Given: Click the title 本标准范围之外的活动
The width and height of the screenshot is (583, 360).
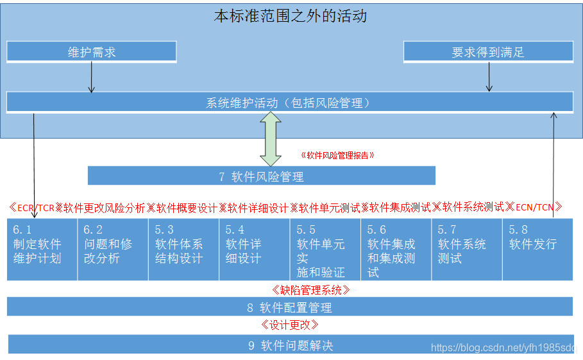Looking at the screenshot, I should coord(290,16).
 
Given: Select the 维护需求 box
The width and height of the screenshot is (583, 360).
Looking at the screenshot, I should coord(91,52).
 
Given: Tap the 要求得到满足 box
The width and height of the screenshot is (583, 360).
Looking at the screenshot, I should coord(487,52).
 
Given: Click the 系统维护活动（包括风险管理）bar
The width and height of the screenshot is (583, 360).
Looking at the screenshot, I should coord(289,102).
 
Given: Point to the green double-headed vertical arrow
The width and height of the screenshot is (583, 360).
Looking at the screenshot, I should coord(271,139).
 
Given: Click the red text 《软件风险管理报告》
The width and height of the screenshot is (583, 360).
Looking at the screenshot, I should coord(337,155).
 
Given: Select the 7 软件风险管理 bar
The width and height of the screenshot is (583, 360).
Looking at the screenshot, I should coord(261,176).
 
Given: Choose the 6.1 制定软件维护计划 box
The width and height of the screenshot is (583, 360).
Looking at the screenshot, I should coord(42,250).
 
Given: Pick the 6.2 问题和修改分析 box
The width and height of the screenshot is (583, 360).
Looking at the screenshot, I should coord(113,250).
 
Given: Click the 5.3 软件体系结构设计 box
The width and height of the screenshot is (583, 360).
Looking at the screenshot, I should coord(184,250).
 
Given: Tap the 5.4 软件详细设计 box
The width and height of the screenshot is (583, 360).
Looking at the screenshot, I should coord(255,250).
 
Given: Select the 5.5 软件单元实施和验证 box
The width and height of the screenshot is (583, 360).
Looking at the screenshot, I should coord(325,250).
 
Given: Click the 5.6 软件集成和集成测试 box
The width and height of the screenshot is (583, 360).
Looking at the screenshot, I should coord(396,250).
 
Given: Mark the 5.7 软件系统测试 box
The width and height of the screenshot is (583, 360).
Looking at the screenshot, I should coord(466,250).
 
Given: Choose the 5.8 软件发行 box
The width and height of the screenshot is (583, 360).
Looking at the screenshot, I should coord(537,250).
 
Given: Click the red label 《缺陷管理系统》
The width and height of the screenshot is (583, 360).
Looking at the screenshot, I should coord(311,290).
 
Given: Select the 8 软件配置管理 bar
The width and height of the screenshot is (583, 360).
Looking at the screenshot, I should coord(289,307).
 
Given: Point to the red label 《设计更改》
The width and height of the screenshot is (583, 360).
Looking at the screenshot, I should coord(289,325).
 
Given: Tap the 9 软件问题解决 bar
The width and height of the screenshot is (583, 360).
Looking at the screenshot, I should coord(289,345).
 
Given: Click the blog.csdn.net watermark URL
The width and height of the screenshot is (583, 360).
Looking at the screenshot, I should coord(503,348).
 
